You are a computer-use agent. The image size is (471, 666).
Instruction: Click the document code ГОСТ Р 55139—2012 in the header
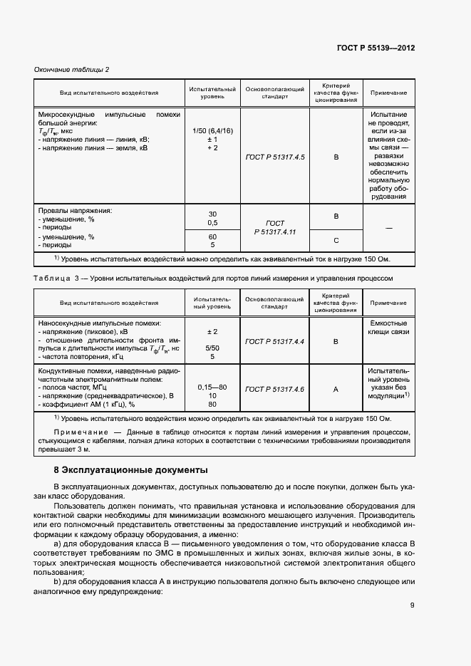376,48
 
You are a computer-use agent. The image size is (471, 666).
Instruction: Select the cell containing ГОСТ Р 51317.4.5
274,156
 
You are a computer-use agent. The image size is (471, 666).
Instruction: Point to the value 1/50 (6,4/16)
212,131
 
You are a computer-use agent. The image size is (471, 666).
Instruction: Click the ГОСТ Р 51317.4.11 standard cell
274,228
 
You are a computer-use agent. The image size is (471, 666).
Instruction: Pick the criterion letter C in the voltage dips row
336,240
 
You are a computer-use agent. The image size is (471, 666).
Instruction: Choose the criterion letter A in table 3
336,389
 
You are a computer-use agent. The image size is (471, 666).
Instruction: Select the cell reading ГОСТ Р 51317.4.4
274,342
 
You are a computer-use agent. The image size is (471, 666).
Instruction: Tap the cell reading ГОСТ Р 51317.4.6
274,389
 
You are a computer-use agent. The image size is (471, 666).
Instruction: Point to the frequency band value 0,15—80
212,386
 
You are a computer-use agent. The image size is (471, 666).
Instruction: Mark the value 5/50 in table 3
212,348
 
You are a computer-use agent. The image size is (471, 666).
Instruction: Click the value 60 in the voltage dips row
212,236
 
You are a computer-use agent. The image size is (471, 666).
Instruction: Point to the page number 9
412,606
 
